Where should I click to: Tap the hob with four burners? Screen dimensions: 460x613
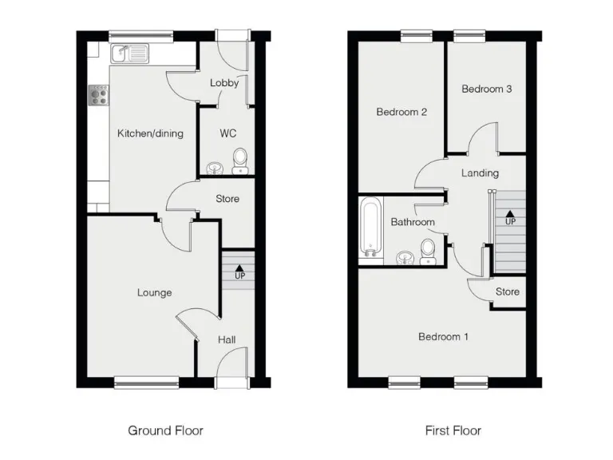pyautogui.click(x=100, y=96)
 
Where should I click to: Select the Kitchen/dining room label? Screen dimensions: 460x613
pyautogui.click(x=150, y=133)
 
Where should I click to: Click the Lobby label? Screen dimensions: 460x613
pyautogui.click(x=224, y=83)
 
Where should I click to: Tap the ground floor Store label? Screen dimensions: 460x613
pyautogui.click(x=227, y=199)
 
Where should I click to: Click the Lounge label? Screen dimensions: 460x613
pyautogui.click(x=154, y=293)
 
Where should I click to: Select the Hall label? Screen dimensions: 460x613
pyautogui.click(x=227, y=340)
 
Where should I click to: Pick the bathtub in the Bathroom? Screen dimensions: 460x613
pyautogui.click(x=370, y=228)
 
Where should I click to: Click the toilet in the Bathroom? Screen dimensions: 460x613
pyautogui.click(x=428, y=250)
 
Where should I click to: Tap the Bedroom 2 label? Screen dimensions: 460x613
pyautogui.click(x=401, y=113)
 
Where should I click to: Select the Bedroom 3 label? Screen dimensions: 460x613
pyautogui.click(x=486, y=89)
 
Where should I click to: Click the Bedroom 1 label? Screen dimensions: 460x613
pyautogui.click(x=443, y=337)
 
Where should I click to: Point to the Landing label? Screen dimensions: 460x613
pyautogui.click(x=480, y=173)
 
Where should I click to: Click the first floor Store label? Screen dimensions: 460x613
pyautogui.click(x=507, y=292)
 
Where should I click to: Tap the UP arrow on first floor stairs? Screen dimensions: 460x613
pyautogui.click(x=509, y=216)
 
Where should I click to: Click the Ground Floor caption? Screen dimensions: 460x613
pyautogui.click(x=165, y=430)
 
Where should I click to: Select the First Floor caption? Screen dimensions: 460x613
pyautogui.click(x=453, y=430)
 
